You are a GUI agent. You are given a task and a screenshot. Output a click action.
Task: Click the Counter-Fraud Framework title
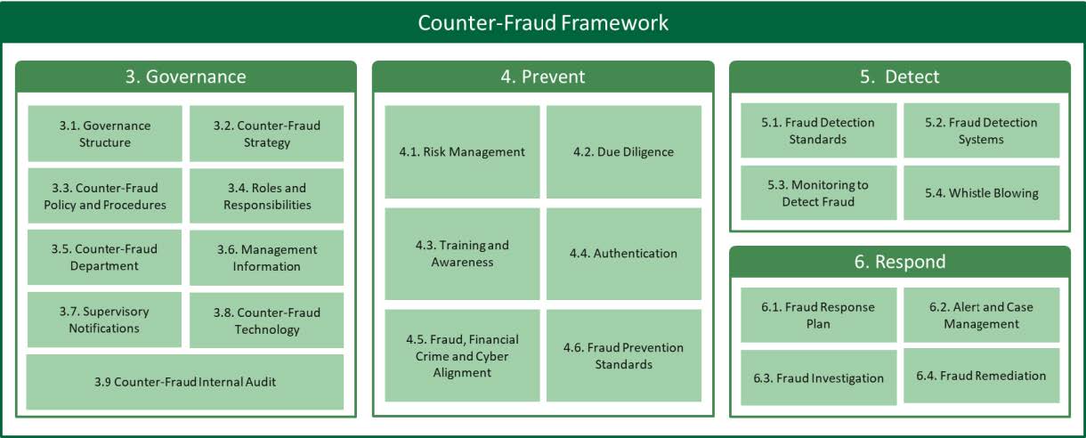coord(543,23)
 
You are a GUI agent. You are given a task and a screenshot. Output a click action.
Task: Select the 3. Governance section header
coord(186,77)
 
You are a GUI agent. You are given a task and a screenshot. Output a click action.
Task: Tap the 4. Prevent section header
coord(543,77)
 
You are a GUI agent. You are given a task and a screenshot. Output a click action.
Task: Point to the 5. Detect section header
coord(900,77)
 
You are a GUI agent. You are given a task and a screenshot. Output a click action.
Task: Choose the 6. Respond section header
coord(900,262)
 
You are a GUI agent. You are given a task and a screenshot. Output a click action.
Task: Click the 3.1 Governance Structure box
coord(105,134)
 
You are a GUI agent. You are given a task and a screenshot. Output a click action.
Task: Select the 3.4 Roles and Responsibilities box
coord(267,196)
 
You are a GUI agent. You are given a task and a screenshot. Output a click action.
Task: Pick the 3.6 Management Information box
coord(267,257)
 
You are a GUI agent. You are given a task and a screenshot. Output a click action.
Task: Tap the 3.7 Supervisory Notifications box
coord(104,320)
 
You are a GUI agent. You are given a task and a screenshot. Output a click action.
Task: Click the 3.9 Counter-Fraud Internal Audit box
coord(185,382)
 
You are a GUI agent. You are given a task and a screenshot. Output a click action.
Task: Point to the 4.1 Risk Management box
coord(462,152)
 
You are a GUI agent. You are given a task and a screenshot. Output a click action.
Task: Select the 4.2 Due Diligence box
coord(623,152)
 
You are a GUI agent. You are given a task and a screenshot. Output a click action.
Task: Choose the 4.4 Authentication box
coord(623,254)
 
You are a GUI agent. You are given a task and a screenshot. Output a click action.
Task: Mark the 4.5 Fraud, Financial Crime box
coord(462,355)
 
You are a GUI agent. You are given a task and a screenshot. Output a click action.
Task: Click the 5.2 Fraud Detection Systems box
coord(981,131)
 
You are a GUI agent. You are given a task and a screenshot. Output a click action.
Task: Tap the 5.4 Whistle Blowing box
coord(981,192)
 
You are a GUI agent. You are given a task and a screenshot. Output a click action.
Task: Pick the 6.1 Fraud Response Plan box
coord(818,315)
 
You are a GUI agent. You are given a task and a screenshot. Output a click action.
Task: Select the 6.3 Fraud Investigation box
coord(818,377)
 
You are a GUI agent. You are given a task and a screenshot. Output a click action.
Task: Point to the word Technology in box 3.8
coord(267,329)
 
